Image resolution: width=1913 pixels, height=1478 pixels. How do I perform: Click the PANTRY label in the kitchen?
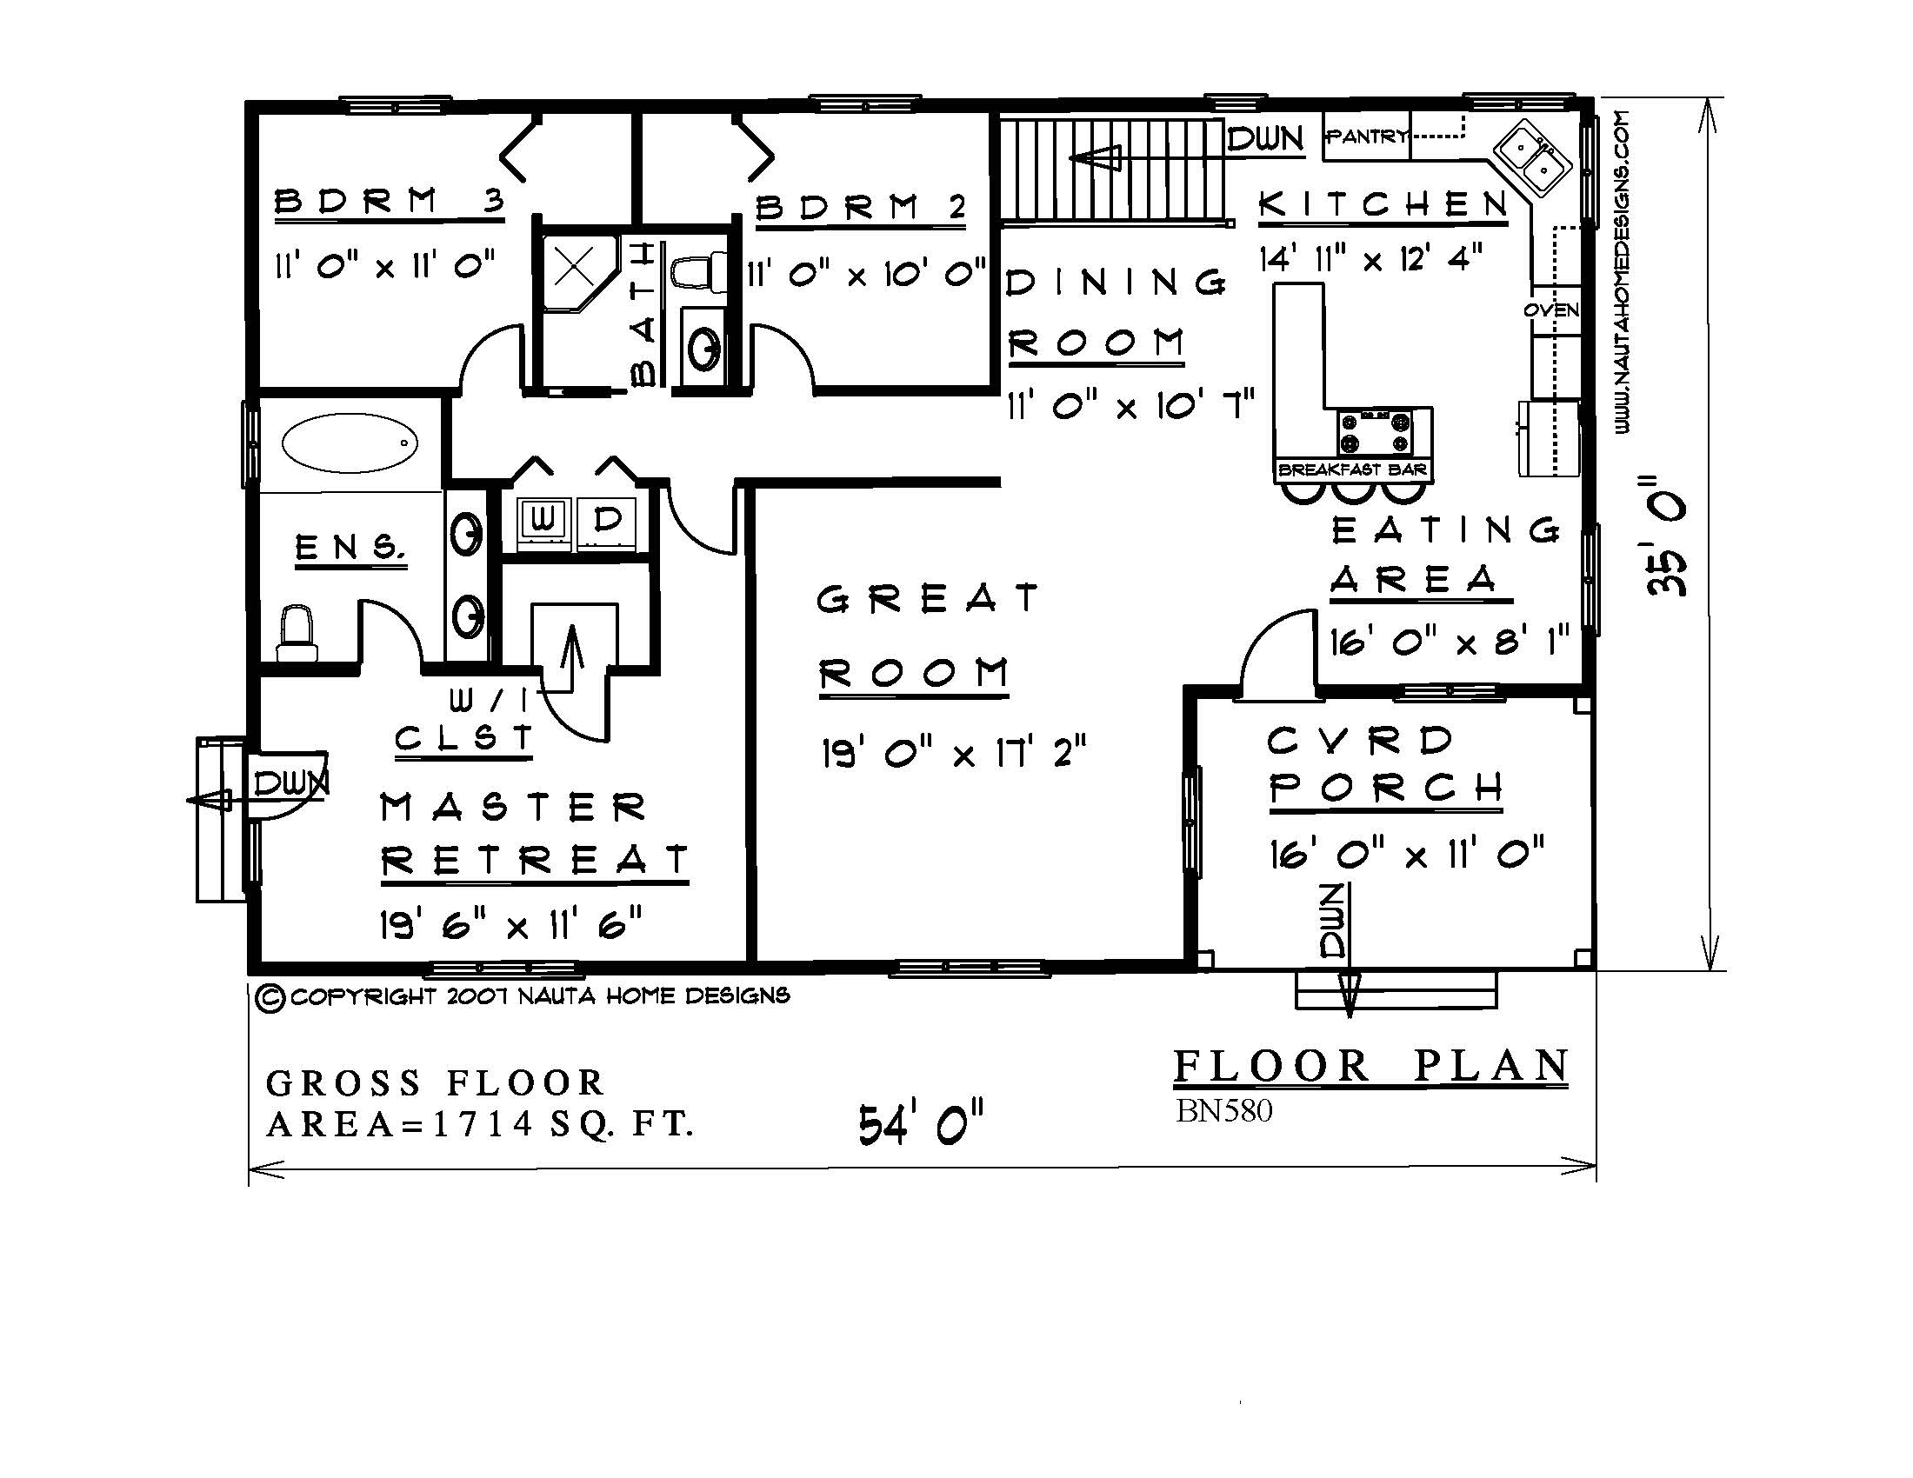(x=1366, y=136)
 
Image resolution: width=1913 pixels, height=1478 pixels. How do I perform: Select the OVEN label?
(x=1551, y=310)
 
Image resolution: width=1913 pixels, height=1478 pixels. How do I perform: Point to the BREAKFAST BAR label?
(x=1352, y=470)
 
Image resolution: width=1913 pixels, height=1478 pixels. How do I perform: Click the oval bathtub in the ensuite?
(x=350, y=443)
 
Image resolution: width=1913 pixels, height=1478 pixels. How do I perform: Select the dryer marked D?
(x=607, y=521)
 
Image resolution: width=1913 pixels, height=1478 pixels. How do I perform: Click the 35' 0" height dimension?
(x=1665, y=536)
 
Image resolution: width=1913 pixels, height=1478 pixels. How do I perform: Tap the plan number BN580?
(x=1223, y=1111)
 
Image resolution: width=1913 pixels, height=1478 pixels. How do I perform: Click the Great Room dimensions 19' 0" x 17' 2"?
(x=953, y=753)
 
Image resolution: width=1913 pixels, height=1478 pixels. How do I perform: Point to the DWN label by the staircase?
(x=1265, y=138)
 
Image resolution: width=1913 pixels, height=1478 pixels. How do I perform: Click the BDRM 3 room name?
(x=390, y=202)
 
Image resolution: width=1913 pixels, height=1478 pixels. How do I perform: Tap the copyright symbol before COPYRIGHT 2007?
(x=270, y=998)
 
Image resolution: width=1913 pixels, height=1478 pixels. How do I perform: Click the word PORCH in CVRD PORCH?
(x=1386, y=789)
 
